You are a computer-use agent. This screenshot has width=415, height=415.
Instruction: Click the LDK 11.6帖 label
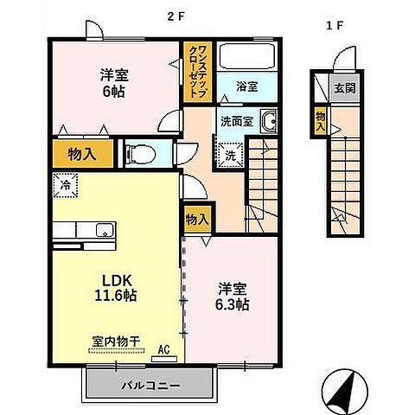point(117,287)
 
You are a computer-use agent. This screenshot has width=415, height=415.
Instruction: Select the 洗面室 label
point(236,122)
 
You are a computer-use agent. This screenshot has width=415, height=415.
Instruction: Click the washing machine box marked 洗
point(232,156)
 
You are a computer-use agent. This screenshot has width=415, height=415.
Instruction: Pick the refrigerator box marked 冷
point(65,183)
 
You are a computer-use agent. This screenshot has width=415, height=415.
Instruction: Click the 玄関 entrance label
point(346,88)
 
